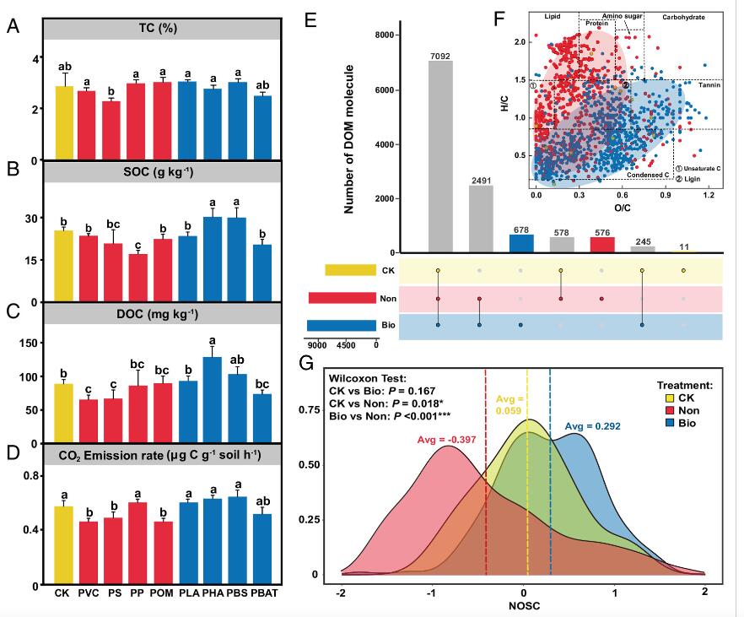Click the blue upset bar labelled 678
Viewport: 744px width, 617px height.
(520, 243)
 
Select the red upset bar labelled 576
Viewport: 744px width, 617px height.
(601, 245)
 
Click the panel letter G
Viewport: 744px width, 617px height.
(309, 364)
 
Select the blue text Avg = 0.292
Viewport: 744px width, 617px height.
(592, 427)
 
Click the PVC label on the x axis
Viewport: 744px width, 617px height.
(87, 593)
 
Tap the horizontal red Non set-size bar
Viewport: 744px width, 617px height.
(342, 298)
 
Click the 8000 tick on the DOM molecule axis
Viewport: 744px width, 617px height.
(385, 35)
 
